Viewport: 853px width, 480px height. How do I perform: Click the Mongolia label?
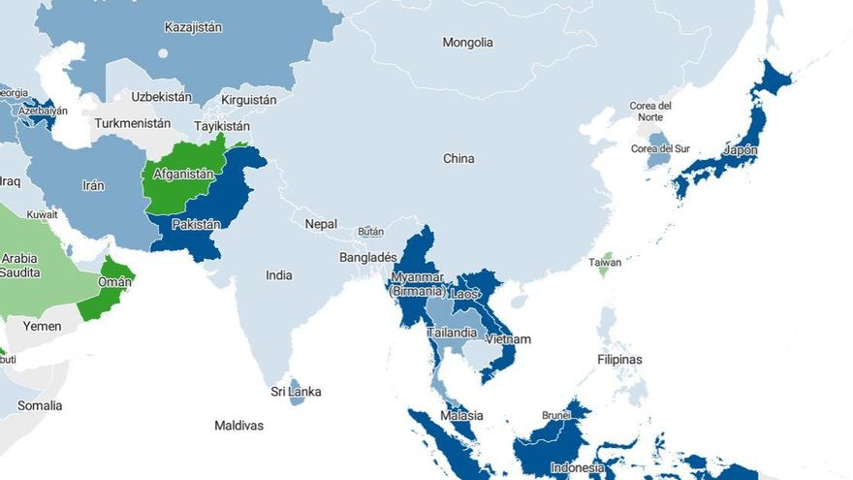[467, 43]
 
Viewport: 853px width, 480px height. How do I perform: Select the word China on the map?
[458, 158]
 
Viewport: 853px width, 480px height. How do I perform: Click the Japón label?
[741, 151]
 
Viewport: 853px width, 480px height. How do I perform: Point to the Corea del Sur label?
[660, 148]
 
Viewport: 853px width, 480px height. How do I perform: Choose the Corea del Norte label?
[650, 111]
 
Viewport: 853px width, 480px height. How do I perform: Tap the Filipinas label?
[618, 360]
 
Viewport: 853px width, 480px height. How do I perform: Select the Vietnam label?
[508, 339]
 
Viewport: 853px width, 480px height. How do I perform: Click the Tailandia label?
[452, 333]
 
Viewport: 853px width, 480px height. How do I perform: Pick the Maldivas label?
[238, 426]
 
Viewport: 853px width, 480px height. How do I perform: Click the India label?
[279, 275]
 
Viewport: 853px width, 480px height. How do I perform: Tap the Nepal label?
[321, 224]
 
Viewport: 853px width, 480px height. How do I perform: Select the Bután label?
[371, 232]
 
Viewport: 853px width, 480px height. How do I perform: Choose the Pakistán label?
[196, 225]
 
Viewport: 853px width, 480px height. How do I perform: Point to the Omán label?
[113, 281]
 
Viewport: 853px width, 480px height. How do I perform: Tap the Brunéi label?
[555, 415]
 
